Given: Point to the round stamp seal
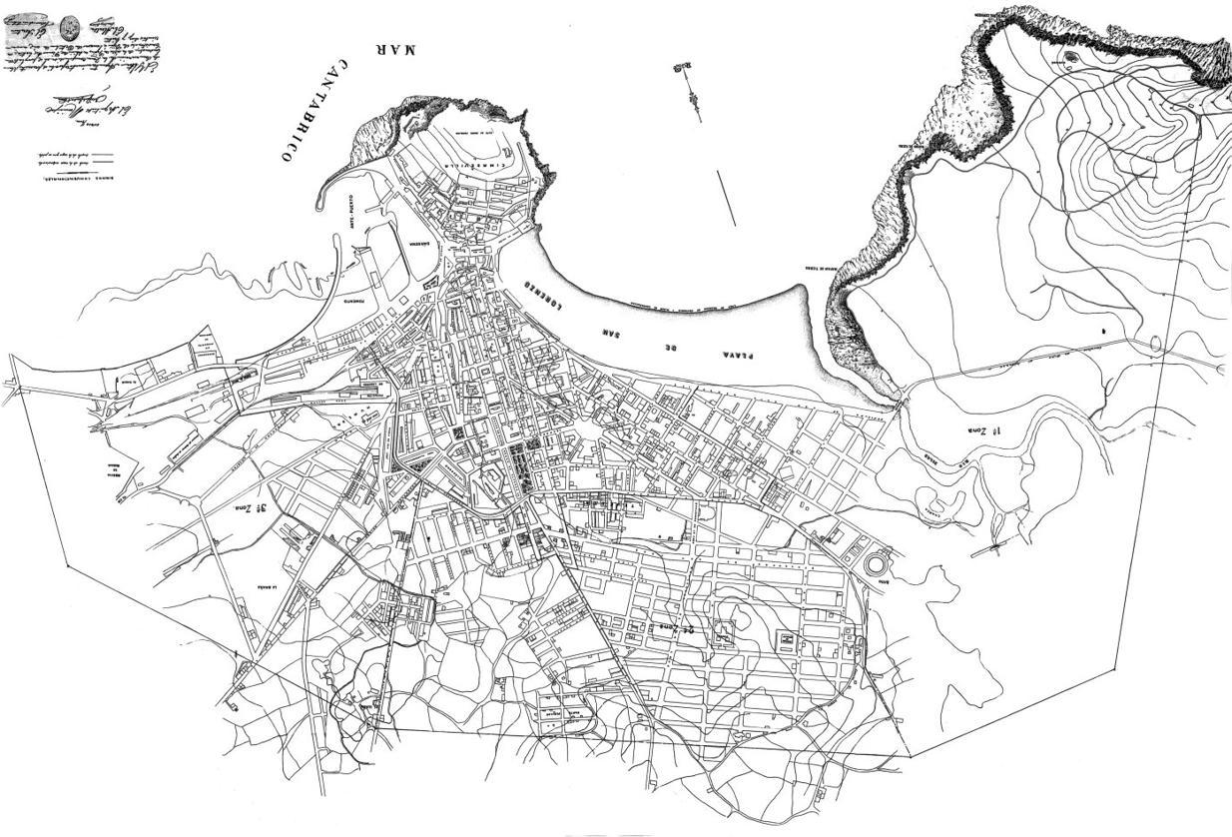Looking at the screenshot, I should (x=69, y=28).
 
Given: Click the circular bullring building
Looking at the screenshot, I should (x=877, y=563).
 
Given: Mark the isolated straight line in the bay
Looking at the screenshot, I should (x=726, y=198).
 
